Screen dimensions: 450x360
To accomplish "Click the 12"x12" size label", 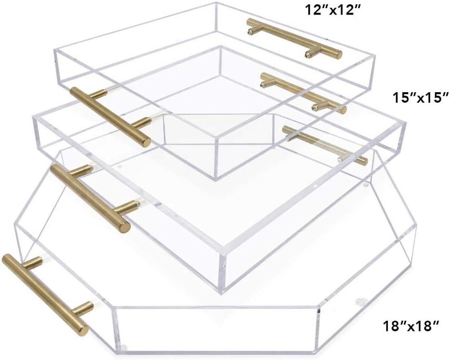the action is [332, 10].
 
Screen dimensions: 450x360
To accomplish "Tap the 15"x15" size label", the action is [420, 97].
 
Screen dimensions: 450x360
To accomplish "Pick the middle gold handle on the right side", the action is [303, 92].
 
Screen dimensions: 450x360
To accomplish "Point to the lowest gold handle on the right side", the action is [325, 145].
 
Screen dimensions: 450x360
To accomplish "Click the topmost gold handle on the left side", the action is [110, 116].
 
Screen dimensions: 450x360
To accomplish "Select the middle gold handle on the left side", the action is [90, 196].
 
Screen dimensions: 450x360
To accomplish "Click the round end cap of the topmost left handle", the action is [146, 141].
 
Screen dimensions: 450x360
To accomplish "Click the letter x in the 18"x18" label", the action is [412, 327].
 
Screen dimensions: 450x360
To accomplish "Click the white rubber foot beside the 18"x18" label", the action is [359, 302].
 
